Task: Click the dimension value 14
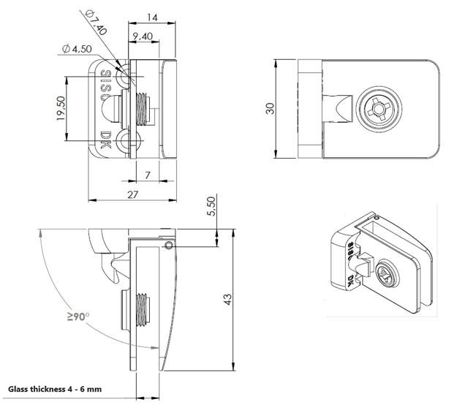pos(152,15)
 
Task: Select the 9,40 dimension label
pos(142,35)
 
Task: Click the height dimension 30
pos(270,107)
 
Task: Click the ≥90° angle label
pos(78,316)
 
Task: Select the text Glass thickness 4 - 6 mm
pos(54,390)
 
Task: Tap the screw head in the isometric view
pos(389,275)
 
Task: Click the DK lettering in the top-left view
pos(106,140)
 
